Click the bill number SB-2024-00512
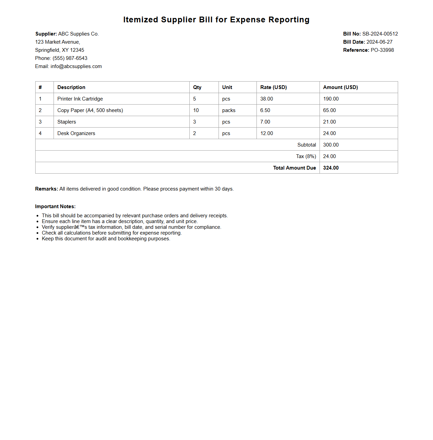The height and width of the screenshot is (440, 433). tap(380, 34)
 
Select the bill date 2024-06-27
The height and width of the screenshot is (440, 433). tap(379, 42)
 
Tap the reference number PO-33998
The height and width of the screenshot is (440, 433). tap(382, 50)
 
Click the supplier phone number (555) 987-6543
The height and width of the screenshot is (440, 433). tap(70, 58)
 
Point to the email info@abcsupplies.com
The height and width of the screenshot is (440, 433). tap(76, 66)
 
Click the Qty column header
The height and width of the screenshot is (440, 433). tap(197, 87)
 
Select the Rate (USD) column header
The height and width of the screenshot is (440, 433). tap(273, 87)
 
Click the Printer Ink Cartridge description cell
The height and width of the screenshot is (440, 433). tap(80, 99)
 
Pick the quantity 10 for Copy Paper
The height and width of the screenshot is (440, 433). tap(196, 110)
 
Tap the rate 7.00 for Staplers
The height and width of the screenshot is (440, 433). tap(265, 122)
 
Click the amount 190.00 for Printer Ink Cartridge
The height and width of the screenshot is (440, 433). tap(331, 99)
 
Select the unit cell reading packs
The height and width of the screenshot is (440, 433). tap(229, 110)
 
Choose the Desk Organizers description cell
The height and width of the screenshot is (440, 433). tap(76, 133)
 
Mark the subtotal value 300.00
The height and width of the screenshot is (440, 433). tap(331, 145)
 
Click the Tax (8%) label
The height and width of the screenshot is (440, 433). tap(306, 156)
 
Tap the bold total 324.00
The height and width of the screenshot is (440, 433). tap(331, 168)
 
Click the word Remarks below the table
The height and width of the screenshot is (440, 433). tap(46, 189)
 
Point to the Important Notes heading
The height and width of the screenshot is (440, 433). tap(55, 206)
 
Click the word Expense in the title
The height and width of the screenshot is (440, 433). tap(248, 20)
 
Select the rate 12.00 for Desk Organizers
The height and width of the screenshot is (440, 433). tap(266, 133)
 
